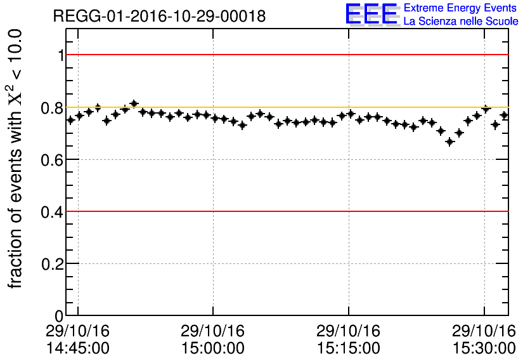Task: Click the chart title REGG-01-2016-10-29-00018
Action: point(159,16)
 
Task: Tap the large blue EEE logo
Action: point(372,15)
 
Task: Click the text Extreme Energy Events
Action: point(461,8)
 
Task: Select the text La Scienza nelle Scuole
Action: point(461,22)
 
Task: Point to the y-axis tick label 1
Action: point(61,56)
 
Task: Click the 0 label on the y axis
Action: point(60,316)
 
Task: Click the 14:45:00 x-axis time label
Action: point(77,348)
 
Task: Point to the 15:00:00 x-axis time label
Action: point(213,348)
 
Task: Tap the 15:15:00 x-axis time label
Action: point(348,348)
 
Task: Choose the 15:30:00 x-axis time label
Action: point(484,348)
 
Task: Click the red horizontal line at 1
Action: point(285,55)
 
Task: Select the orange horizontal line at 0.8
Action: point(285,107)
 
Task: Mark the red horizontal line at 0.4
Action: point(285,211)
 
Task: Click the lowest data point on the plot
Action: point(450,142)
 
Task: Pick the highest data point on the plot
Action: point(134,103)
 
